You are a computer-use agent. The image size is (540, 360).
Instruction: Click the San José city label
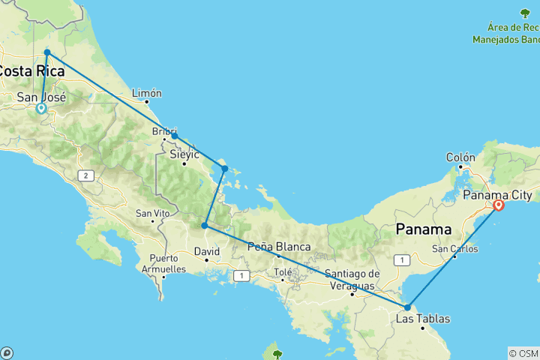click(42, 97)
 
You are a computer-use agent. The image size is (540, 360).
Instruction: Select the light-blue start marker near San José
click(41, 108)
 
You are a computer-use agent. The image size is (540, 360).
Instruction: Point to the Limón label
click(146, 93)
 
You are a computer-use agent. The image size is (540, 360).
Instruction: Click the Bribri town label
click(163, 130)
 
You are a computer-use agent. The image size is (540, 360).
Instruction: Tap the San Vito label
click(151, 213)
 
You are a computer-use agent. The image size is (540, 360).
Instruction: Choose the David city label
click(207, 251)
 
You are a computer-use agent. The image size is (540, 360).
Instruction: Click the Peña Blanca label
click(279, 247)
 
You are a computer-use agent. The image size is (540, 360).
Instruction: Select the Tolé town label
click(283, 271)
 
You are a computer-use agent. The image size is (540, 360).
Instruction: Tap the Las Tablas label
click(423, 319)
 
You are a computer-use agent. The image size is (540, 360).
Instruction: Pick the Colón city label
click(460, 157)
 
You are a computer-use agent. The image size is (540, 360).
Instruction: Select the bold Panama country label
click(424, 229)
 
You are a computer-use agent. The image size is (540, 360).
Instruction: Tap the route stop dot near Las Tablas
click(406, 307)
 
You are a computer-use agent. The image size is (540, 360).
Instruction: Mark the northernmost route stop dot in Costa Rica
click(47, 52)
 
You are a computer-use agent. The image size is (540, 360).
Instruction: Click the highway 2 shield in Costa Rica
click(86, 175)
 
